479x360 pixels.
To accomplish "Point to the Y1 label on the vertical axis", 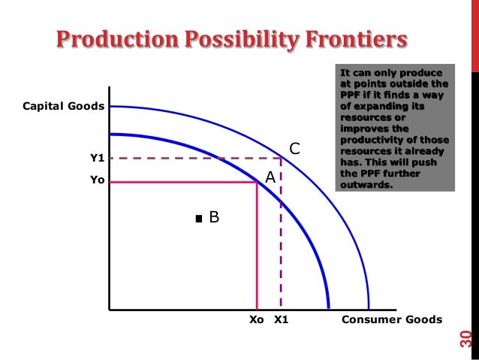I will click(x=97, y=158).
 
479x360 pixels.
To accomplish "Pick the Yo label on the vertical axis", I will click(x=97, y=181).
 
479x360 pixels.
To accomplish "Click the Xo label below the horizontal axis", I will click(x=257, y=319).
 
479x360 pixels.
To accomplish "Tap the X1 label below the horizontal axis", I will click(x=282, y=319).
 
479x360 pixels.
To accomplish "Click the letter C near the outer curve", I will click(x=295, y=150).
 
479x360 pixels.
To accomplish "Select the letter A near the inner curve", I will click(x=270, y=178).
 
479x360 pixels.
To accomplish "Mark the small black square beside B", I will click(x=198, y=219).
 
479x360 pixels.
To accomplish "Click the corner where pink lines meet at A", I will click(x=258, y=181).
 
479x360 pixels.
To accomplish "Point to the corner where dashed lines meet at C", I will click(x=282, y=158).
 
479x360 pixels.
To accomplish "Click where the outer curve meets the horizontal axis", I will click(x=369, y=309).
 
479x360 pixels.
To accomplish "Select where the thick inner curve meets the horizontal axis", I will click(x=328, y=309).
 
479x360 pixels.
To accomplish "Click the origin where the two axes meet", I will click(x=109, y=309).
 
